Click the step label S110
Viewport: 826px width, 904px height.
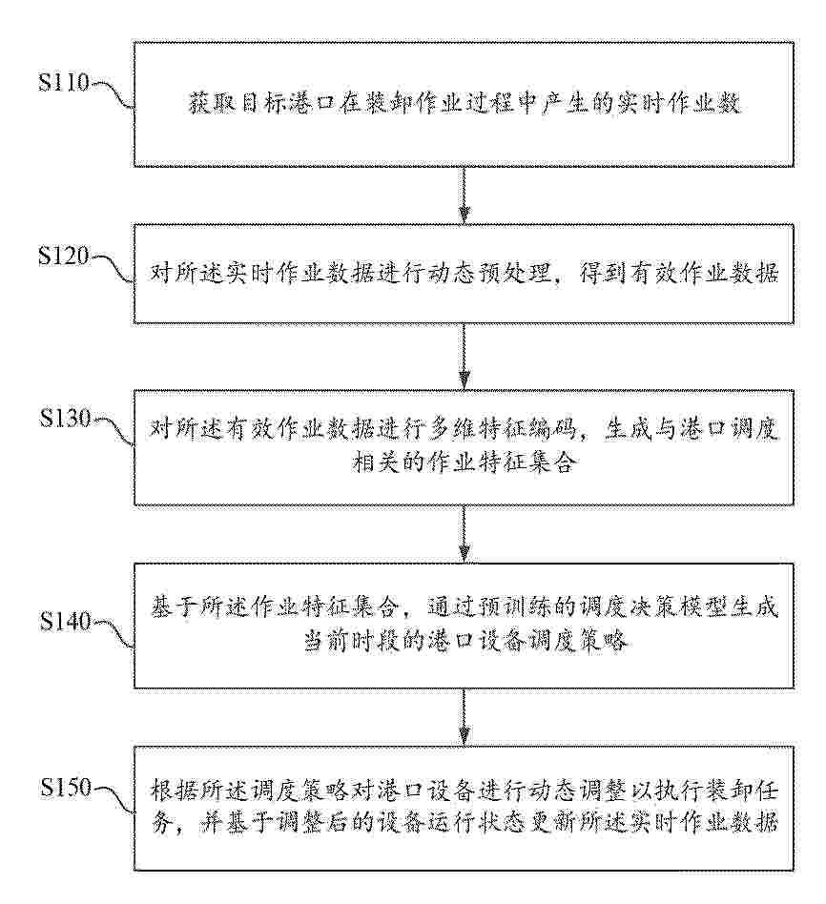pos(64,82)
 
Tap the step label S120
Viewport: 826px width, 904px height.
pos(64,256)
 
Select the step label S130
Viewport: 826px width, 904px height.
pos(65,418)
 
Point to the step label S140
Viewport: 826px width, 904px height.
pos(65,621)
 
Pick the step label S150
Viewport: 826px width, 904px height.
pos(65,787)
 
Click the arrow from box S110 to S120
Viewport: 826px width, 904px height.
pos(464,195)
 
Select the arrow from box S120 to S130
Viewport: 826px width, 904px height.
pos(464,356)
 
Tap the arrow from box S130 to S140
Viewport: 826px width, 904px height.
pos(464,534)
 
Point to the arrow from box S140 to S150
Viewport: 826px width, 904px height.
pos(464,717)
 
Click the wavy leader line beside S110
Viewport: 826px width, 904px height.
pos(114,94)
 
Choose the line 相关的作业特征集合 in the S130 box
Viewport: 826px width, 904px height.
pos(464,462)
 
